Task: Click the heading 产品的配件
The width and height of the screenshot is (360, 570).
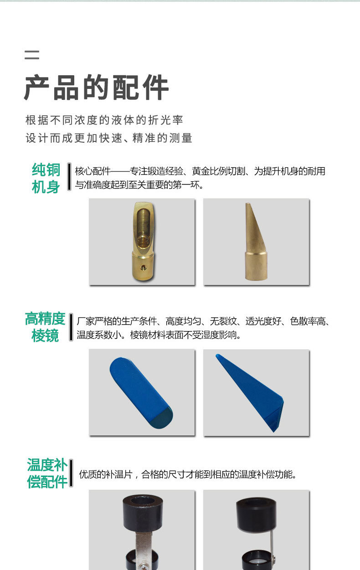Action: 96,88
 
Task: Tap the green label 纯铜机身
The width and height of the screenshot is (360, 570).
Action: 46,178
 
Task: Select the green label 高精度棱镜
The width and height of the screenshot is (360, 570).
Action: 45,327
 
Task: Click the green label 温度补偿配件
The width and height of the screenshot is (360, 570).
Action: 47,473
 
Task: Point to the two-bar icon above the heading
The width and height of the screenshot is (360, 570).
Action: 32,55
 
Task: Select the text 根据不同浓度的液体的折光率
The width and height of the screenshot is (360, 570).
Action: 104,120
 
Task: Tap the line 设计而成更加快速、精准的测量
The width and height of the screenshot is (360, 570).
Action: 109,138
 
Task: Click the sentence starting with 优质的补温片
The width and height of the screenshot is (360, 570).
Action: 188,475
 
